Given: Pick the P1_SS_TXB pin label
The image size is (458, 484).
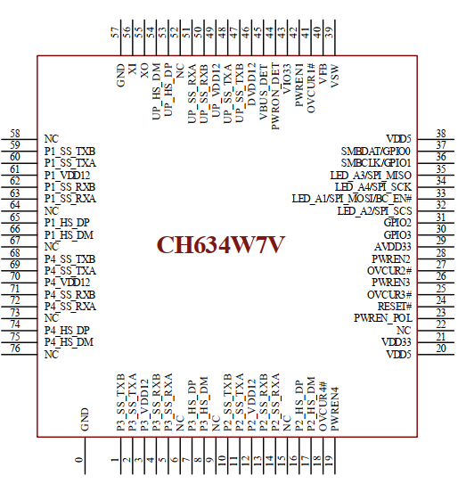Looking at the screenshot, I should coord(70,151).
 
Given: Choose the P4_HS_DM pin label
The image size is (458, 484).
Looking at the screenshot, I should coord(69,341).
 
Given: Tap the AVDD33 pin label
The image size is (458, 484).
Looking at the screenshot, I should coord(392,246).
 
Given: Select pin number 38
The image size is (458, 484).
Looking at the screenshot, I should coord(440,133).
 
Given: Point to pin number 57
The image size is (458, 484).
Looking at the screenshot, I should coord(115,31).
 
